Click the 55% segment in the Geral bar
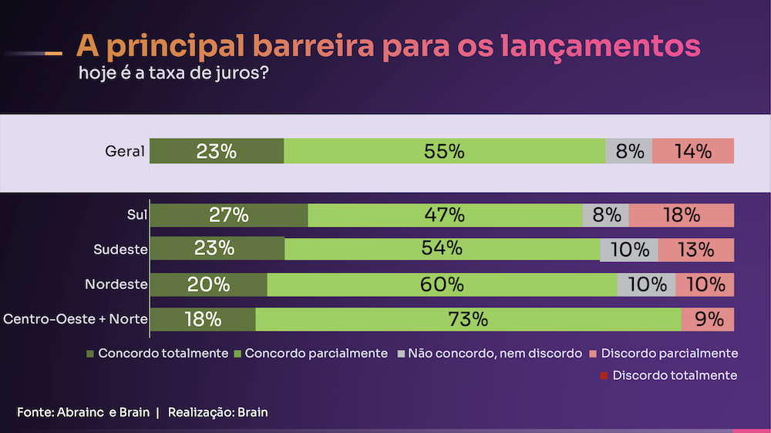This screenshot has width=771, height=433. (445, 152)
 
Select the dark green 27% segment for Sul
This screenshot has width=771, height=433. (229, 215)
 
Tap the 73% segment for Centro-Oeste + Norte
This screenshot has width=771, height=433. (468, 319)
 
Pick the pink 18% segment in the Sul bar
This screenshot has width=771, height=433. (681, 215)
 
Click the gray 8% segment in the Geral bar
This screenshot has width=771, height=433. (629, 152)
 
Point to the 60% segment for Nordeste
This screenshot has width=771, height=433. (442, 284)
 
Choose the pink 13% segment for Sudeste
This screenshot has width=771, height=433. (695, 249)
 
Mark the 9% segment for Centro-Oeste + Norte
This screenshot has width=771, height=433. (708, 319)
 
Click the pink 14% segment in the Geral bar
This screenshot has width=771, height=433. (692, 152)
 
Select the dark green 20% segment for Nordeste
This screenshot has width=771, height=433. (209, 284)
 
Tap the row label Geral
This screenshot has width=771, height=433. (125, 152)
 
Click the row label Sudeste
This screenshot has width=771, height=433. (120, 249)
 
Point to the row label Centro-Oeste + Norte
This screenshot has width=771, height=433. (76, 319)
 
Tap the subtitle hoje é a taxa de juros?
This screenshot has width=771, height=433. (173, 75)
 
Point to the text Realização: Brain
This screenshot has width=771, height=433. (217, 412)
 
